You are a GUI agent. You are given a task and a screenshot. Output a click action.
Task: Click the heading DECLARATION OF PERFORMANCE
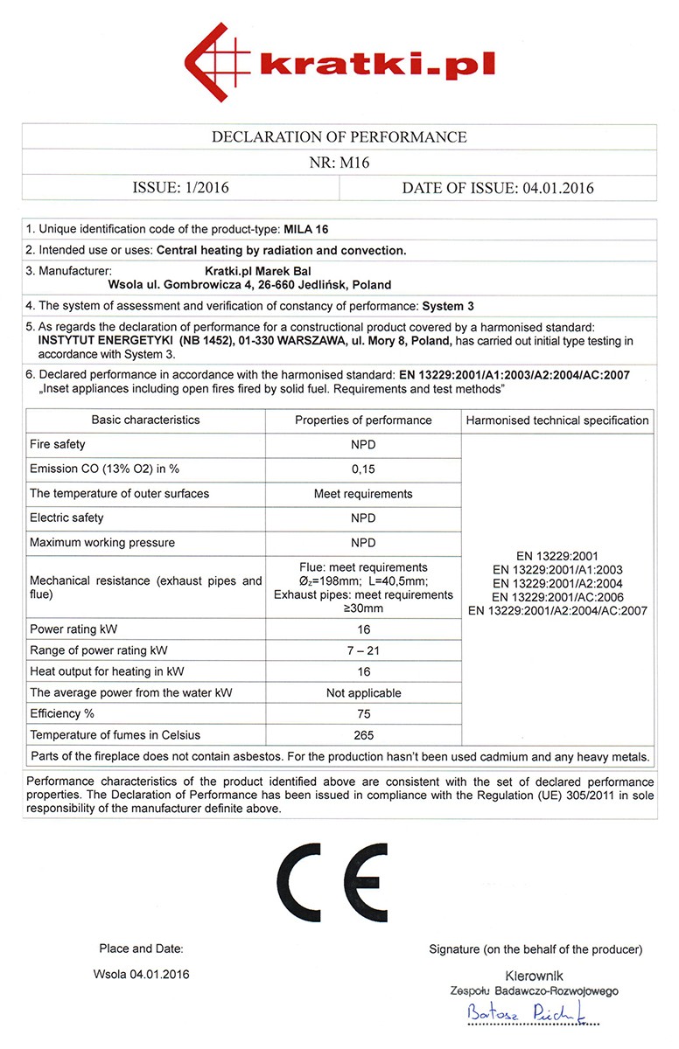tap(339, 137)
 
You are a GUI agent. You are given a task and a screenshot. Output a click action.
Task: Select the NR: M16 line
tap(339, 163)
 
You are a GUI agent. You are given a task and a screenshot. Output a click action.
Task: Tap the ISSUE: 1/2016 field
tap(180, 188)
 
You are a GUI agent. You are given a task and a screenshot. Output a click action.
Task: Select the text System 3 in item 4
tap(448, 306)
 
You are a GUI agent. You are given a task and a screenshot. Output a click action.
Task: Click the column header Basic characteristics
tap(145, 420)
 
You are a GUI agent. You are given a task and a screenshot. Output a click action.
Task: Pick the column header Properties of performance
tap(363, 420)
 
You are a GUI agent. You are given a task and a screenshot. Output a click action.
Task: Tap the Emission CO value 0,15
tap(363, 469)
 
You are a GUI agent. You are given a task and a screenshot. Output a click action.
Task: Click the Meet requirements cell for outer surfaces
tap(363, 494)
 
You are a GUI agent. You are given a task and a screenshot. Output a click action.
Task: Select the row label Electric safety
tap(66, 518)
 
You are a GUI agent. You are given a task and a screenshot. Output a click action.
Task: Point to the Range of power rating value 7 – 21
tap(363, 650)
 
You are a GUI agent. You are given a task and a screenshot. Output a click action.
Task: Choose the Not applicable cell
tap(363, 693)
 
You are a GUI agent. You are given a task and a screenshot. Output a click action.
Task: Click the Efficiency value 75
tap(363, 714)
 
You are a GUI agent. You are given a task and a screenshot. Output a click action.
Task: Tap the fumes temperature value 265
tap(363, 735)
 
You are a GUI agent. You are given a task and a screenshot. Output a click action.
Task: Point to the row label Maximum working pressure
tap(102, 543)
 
